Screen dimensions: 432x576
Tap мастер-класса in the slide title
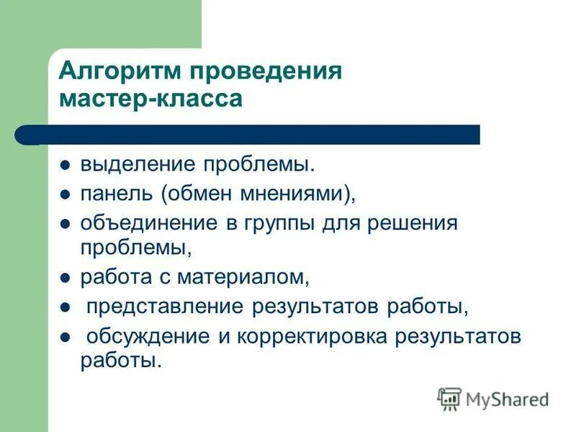click(x=150, y=99)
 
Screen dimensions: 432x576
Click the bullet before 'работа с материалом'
click(x=65, y=277)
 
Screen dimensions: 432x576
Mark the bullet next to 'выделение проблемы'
click(x=65, y=165)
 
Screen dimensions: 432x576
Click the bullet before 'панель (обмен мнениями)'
click(x=65, y=194)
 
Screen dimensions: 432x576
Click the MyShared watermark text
click(x=507, y=398)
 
